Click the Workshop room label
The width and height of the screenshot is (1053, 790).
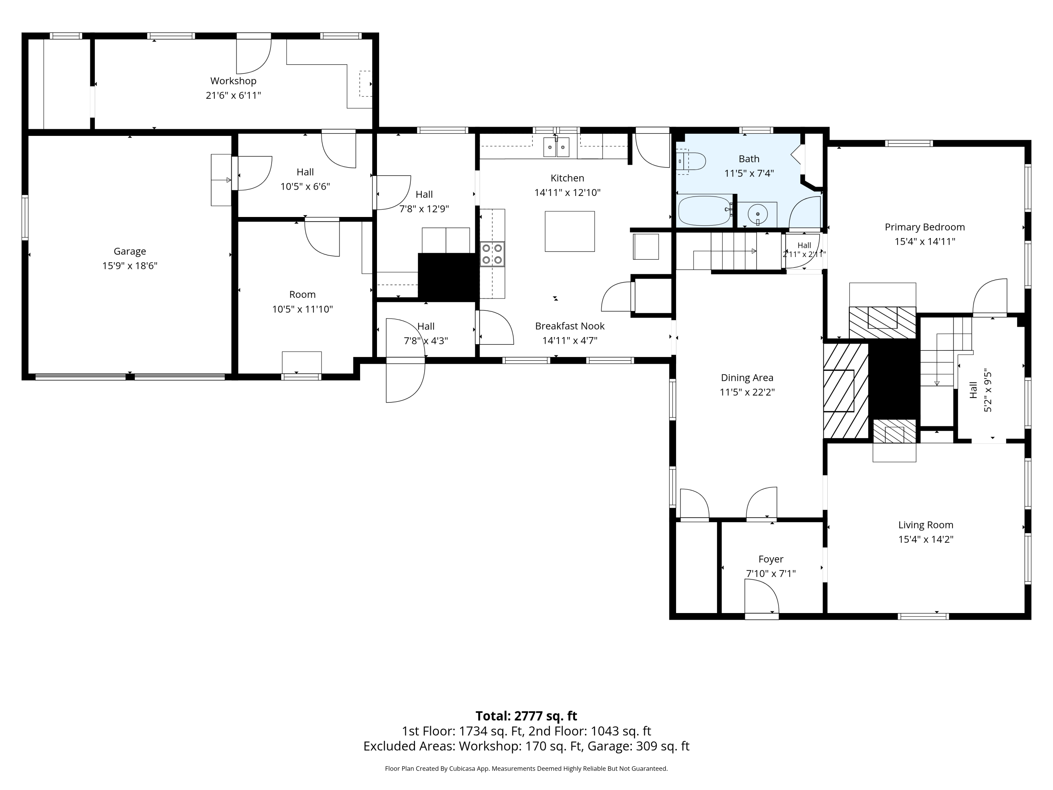pos(233,81)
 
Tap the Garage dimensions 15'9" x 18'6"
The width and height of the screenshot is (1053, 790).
pos(130,266)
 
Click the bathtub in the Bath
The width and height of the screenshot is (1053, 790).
pos(705,210)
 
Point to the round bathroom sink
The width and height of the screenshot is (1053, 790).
pos(757,214)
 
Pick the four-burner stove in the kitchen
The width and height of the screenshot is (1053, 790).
pos(492,254)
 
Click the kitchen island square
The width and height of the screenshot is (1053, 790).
pos(570,231)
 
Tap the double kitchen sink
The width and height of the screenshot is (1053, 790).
pos(556,147)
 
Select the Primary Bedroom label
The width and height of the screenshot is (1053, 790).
pos(925,227)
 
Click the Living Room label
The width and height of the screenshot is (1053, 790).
pos(926,525)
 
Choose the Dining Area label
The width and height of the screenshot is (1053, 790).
pos(747,377)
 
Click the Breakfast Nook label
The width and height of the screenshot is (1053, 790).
pos(570,326)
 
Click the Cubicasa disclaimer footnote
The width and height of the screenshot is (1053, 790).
pos(526,768)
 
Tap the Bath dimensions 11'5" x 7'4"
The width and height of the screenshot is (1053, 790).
pos(749,173)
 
